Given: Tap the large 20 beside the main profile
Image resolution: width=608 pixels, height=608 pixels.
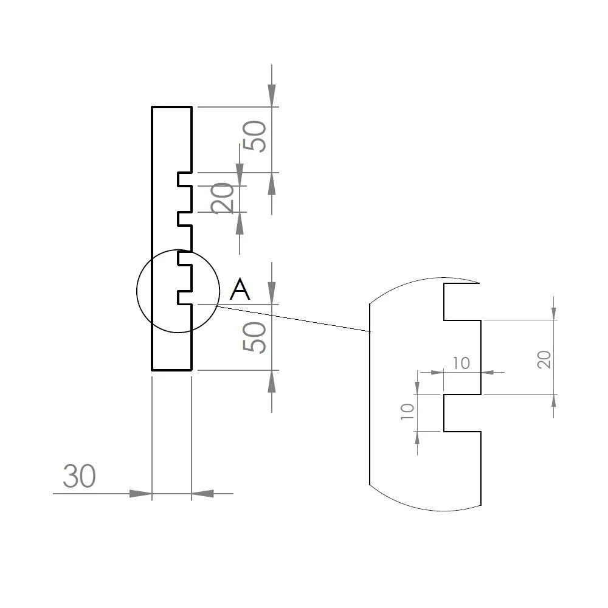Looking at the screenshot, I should [x=224, y=198].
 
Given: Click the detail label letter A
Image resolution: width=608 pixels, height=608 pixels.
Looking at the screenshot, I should [x=240, y=289].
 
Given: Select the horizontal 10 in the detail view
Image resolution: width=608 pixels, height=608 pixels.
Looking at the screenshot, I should [x=461, y=363].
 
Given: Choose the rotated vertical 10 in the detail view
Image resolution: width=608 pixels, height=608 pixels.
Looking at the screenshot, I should [x=408, y=412].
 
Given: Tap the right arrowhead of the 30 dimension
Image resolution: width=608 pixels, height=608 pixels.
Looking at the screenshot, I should [x=202, y=494].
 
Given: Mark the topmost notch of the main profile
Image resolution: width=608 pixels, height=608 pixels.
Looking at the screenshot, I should [x=185, y=179].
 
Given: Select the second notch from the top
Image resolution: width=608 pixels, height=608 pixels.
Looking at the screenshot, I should [x=185, y=218].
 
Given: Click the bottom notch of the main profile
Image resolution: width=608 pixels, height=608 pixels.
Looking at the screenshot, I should [x=185, y=297].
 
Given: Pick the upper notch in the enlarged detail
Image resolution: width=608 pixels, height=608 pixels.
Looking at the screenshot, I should [x=463, y=302].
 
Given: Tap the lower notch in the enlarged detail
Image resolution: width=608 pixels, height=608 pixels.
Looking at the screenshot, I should [x=463, y=413].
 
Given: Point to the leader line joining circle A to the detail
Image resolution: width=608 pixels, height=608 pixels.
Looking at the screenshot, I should [x=292, y=318].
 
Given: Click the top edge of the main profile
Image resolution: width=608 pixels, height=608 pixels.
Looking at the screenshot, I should [x=171, y=107].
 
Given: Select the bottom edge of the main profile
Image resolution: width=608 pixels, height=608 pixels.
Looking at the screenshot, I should [x=171, y=370].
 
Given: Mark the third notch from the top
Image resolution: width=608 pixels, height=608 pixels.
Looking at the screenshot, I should [x=185, y=258].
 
